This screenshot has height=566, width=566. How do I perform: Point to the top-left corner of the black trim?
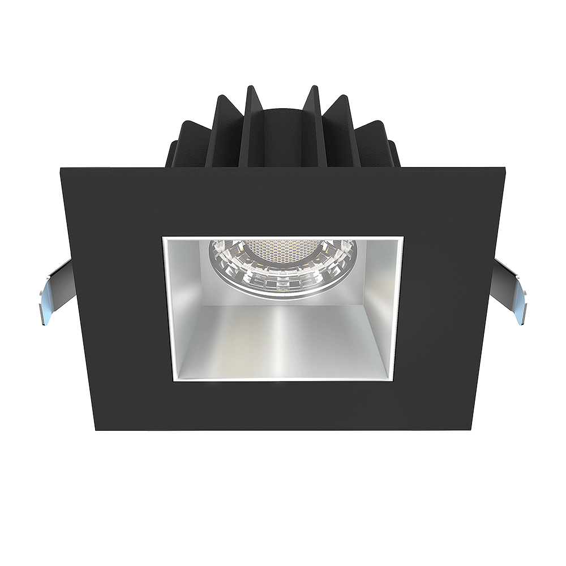pyautogui.click(x=61, y=168)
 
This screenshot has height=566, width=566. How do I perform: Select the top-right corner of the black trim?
pyautogui.click(x=504, y=168)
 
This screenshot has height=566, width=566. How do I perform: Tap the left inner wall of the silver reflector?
pyautogui.click(x=184, y=306)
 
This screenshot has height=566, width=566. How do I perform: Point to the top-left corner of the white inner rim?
pyautogui.click(x=164, y=238)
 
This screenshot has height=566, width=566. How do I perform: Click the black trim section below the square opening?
pyautogui.click(x=283, y=404)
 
